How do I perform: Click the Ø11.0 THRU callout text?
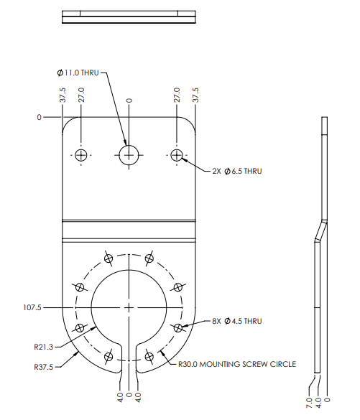(79, 73)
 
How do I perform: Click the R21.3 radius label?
(44, 346)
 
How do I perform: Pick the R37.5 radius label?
(44, 366)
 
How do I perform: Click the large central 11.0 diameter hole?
(129, 155)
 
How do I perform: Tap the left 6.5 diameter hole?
(81, 155)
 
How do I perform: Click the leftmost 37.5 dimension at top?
(63, 95)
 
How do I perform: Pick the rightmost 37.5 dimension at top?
(196, 95)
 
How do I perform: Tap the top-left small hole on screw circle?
(109, 258)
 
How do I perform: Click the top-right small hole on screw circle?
(149, 258)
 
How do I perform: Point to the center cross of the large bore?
(129, 307)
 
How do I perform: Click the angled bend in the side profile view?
(318, 231)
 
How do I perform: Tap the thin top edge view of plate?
(129, 17)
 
